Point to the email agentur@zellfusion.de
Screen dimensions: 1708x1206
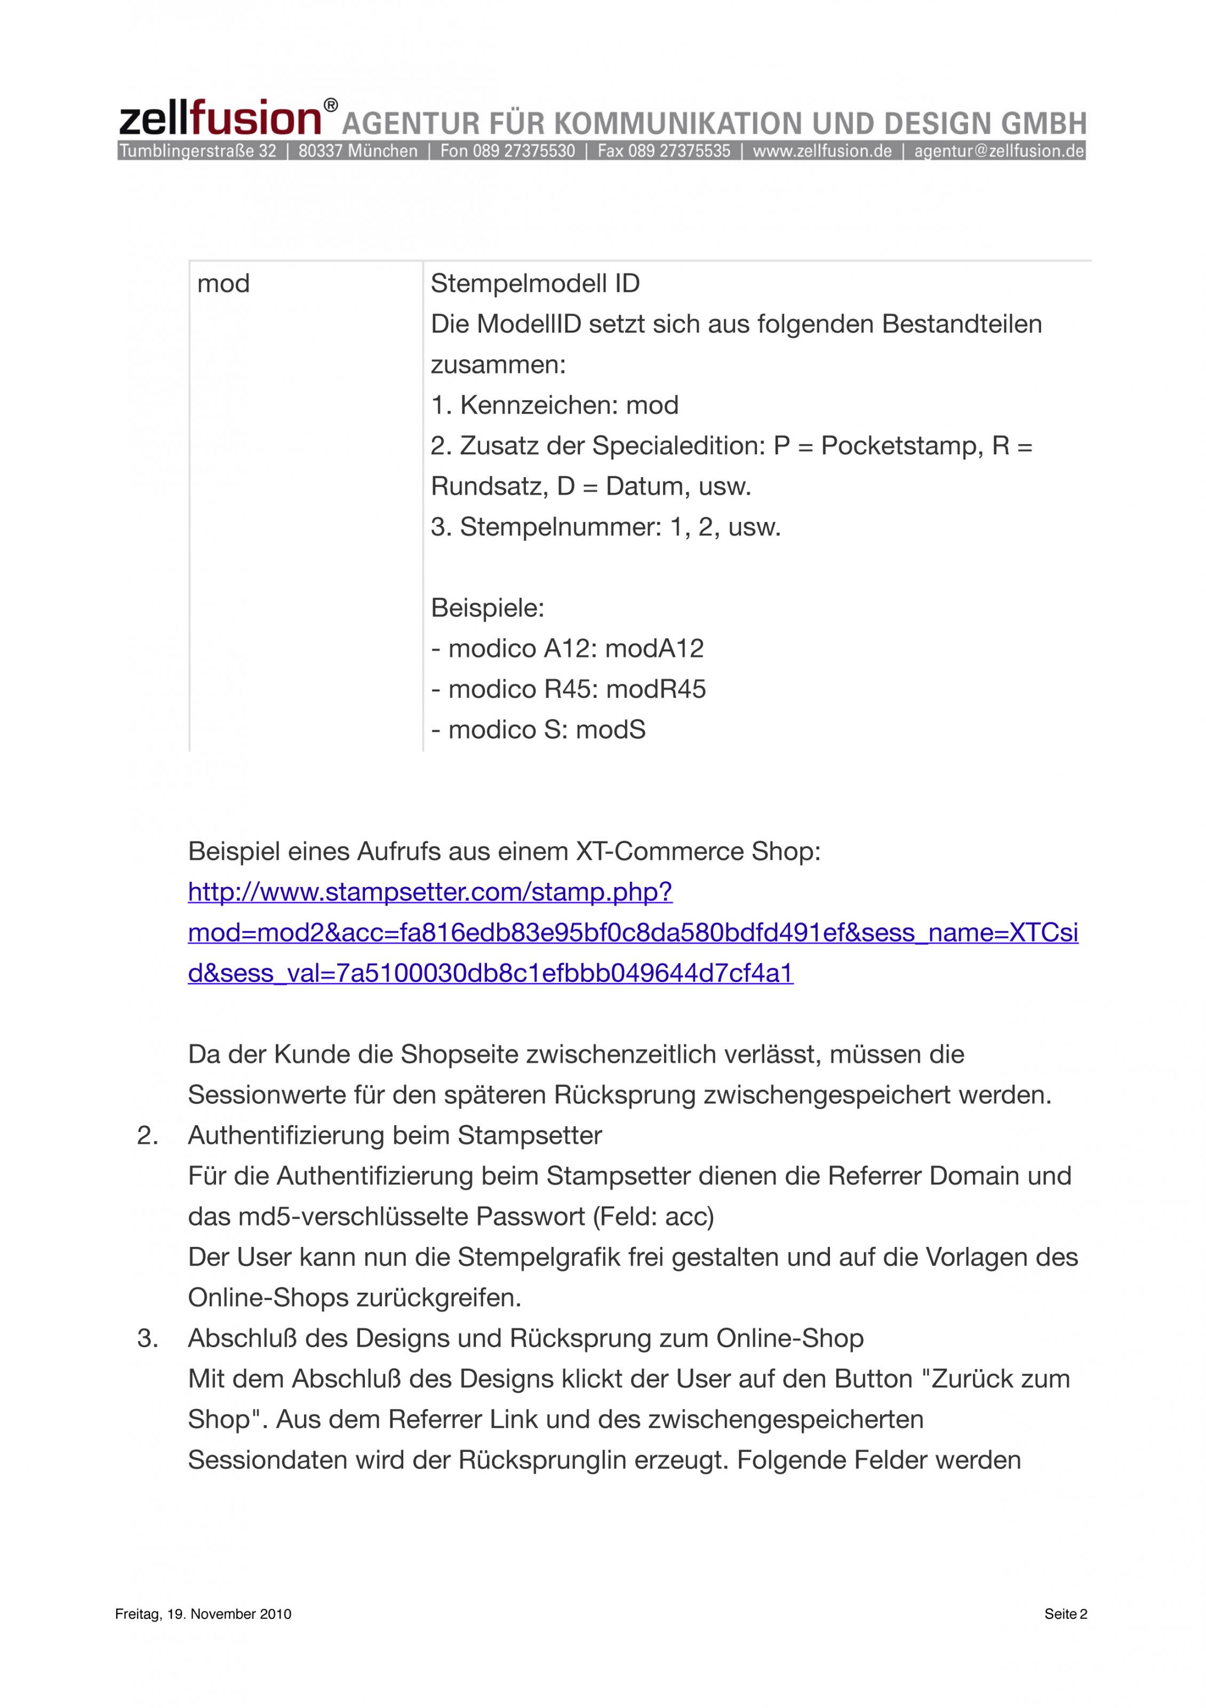[x=999, y=151]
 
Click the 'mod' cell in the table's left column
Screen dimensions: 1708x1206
[x=223, y=283]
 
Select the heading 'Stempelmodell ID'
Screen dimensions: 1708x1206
[x=534, y=283]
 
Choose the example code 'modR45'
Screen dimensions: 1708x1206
[x=656, y=689]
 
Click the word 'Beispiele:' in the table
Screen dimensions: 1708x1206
[x=488, y=608]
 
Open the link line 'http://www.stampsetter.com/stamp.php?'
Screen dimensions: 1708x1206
[x=430, y=891]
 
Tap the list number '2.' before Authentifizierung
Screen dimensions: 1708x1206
[x=147, y=1135]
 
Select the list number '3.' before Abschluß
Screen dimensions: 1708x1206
[x=147, y=1338]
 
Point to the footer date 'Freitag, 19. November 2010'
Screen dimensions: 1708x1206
[x=203, y=1614]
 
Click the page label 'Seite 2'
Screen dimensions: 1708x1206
[x=1066, y=1614]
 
